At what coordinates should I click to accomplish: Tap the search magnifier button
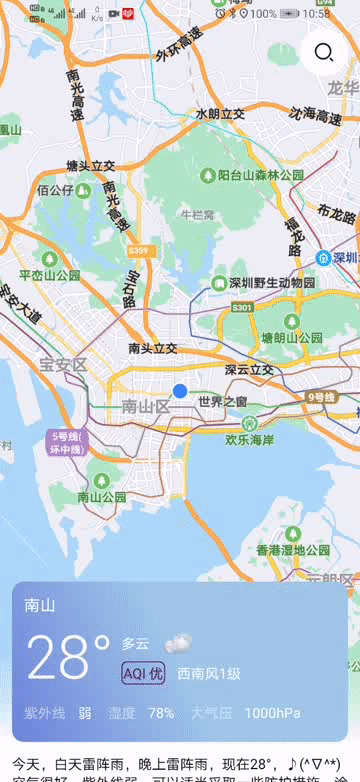pyautogui.click(x=323, y=53)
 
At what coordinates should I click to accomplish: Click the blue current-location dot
pyautogui.click(x=180, y=391)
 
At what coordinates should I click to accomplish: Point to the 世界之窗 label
pyautogui.click(x=223, y=401)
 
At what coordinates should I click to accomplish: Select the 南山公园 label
pyautogui.click(x=102, y=496)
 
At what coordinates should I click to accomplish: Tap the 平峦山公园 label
pyautogui.click(x=50, y=275)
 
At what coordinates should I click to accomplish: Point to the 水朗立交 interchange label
pyautogui.click(x=220, y=114)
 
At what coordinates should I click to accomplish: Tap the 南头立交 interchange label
pyautogui.click(x=153, y=348)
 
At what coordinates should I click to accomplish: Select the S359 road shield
pyautogui.click(x=140, y=250)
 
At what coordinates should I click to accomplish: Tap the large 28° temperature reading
pyautogui.click(x=67, y=657)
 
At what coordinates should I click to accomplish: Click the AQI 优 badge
pyautogui.click(x=143, y=673)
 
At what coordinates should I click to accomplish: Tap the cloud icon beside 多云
pyautogui.click(x=178, y=643)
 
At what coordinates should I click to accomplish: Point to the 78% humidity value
pyautogui.click(x=161, y=713)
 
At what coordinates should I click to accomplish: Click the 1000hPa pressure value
pyautogui.click(x=272, y=713)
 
